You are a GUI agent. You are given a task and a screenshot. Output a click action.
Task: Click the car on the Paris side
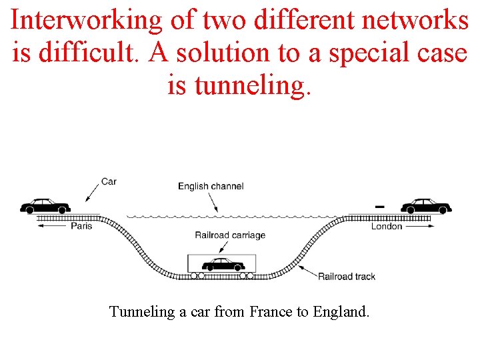(x=45, y=205)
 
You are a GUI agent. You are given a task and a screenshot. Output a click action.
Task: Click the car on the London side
(x=427, y=205)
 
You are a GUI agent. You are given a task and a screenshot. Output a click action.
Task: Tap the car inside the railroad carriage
(x=223, y=264)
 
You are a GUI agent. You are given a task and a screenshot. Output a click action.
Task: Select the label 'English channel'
(x=211, y=186)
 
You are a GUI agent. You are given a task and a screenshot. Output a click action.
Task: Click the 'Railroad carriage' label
(x=230, y=235)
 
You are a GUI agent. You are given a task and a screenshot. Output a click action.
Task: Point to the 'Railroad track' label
(x=347, y=276)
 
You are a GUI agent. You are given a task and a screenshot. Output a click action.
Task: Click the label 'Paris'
(x=81, y=226)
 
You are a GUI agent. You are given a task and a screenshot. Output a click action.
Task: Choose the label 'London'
(x=387, y=226)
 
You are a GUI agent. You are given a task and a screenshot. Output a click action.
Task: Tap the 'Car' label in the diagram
(x=109, y=181)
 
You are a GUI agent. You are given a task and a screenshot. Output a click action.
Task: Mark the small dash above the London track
(x=379, y=207)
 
